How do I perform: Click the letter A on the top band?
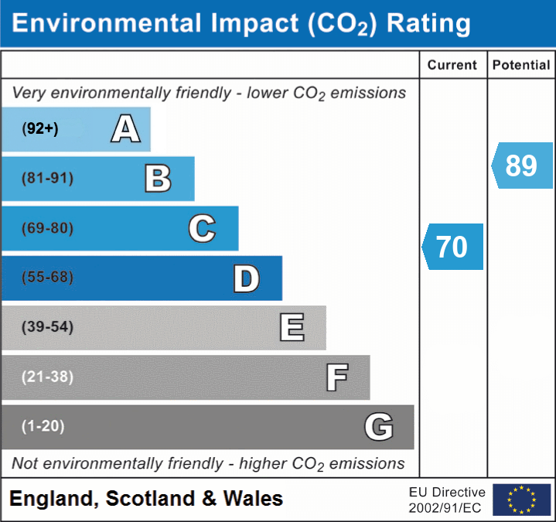pos(125,129)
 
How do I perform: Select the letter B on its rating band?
pos(158,179)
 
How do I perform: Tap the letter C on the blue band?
pos(202,229)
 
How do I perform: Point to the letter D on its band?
pos(246,278)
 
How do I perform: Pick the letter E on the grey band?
pos(292,327)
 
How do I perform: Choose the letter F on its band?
pos(336,377)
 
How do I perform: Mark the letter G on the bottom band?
pos(379,427)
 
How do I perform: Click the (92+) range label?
pos(40,129)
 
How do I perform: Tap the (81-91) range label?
pos(48,179)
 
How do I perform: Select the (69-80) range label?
pos(48,229)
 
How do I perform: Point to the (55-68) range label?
pos(48,278)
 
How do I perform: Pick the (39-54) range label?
pos(48,327)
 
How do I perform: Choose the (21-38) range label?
pos(48,377)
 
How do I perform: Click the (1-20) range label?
pos(43,426)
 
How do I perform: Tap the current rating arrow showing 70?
pos(453,247)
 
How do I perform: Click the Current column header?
pos(452,66)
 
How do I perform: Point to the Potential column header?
pos(521,66)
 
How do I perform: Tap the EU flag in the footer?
pos(521,500)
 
